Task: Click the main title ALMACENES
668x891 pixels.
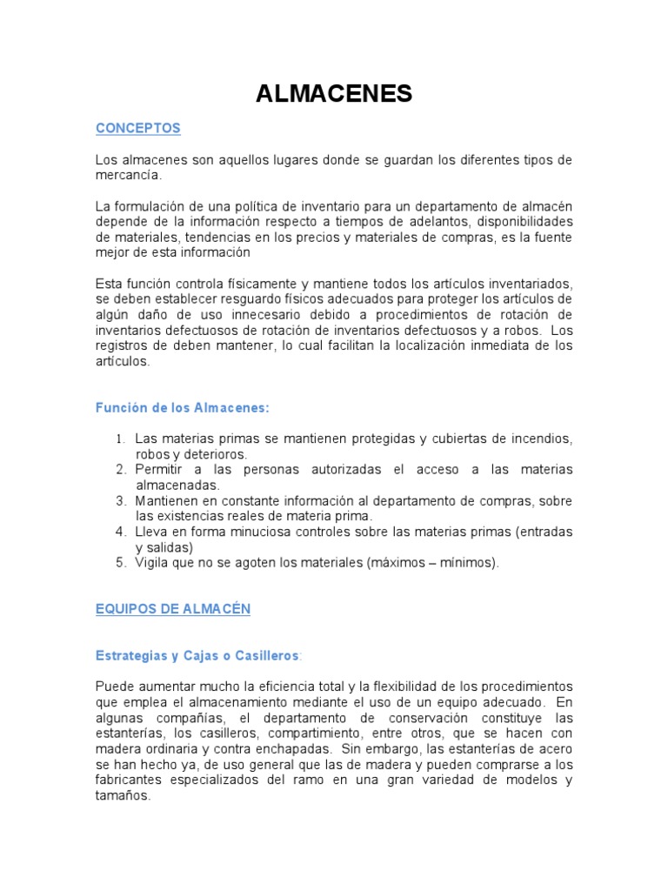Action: click(334, 95)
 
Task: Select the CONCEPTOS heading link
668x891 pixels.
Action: click(138, 128)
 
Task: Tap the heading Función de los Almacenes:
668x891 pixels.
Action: click(183, 406)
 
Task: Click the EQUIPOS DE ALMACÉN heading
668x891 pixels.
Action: click(173, 609)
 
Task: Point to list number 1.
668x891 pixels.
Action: click(122, 438)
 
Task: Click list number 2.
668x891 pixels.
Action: click(122, 469)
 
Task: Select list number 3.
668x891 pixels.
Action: click(122, 500)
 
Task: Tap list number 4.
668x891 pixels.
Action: click(122, 532)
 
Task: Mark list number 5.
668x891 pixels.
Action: click(122, 563)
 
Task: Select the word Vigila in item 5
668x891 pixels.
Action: click(153, 563)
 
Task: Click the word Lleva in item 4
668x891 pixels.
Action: click(153, 532)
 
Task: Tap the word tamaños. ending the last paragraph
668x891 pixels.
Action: click(124, 795)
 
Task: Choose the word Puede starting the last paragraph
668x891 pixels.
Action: click(115, 686)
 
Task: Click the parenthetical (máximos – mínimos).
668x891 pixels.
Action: click(433, 563)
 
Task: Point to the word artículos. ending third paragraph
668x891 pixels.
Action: click(123, 363)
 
